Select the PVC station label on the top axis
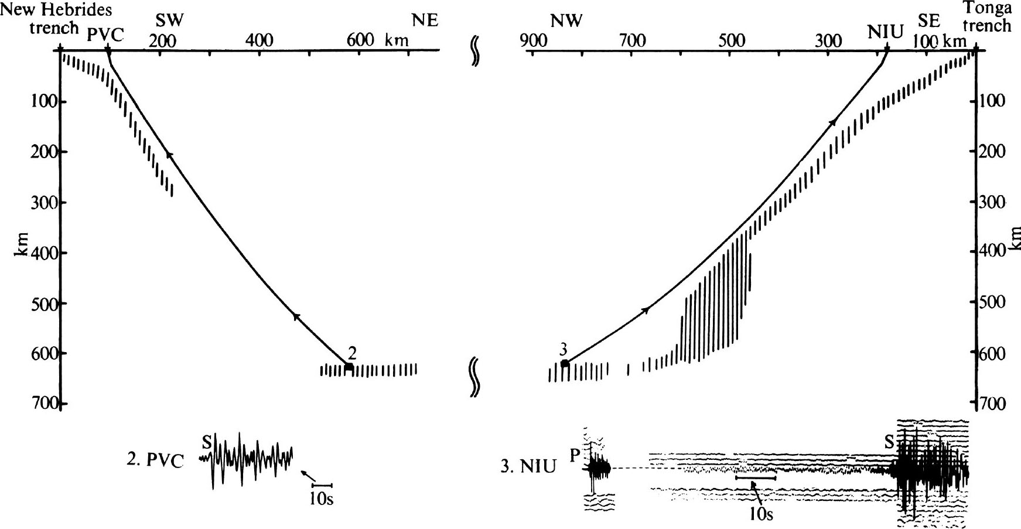[x=105, y=35]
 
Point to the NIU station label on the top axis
[x=886, y=30]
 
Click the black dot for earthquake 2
[x=349, y=367]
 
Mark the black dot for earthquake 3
[x=565, y=364]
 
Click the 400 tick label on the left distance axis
[x=259, y=40]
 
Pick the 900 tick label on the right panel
[x=533, y=40]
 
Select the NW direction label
[x=566, y=22]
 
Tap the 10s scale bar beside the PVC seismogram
[x=322, y=485]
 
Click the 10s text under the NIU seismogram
[x=762, y=514]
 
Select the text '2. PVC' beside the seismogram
[x=155, y=460]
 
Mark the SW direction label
[x=169, y=21]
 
